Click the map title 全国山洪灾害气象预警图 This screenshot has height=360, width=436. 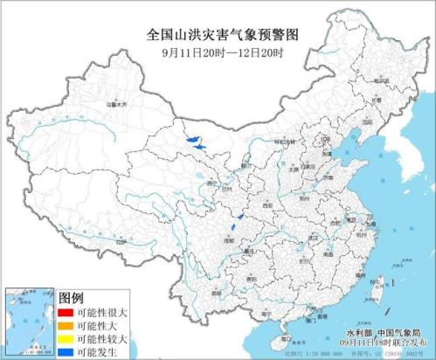218,34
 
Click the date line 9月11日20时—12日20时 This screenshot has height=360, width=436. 218,51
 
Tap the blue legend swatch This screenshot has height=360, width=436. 65,350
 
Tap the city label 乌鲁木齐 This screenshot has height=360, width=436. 117,105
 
